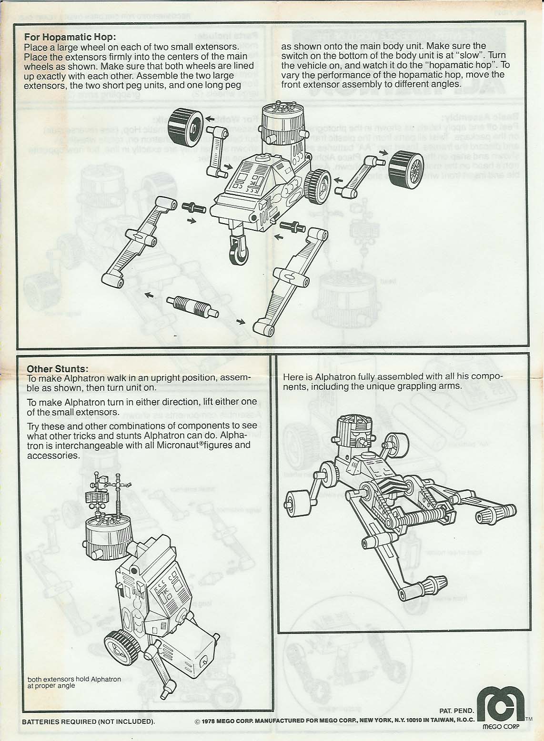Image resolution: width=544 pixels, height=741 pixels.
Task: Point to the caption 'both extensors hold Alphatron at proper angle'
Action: (74, 682)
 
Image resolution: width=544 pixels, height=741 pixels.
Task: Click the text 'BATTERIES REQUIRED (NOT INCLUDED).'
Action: (89, 721)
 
